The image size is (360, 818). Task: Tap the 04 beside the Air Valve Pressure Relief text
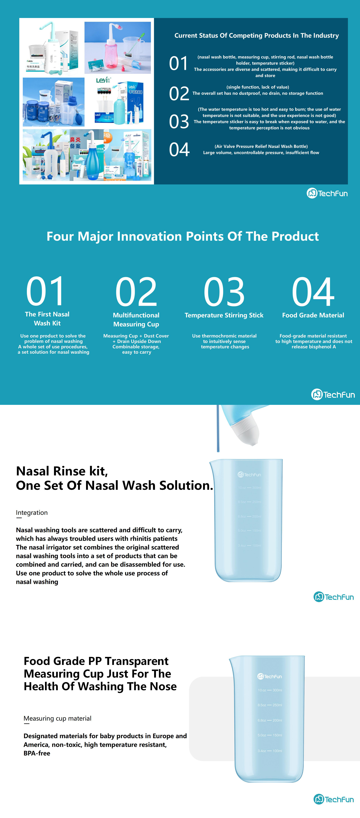click(179, 150)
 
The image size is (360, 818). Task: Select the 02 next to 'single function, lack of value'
click(179, 94)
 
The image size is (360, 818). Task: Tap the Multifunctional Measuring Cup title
click(136, 319)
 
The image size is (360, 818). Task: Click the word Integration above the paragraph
click(32, 513)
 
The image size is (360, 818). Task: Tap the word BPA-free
click(37, 753)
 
